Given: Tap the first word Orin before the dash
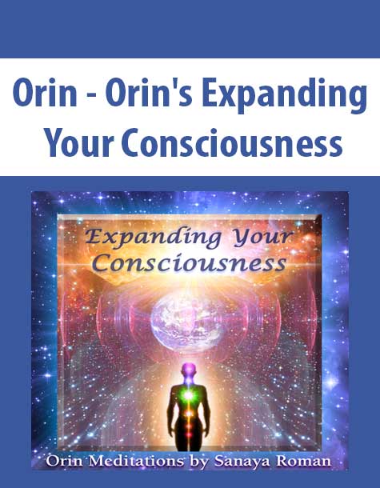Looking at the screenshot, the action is point(45,93).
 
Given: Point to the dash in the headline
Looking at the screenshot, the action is point(91,95).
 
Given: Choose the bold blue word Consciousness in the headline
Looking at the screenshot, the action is point(232,143).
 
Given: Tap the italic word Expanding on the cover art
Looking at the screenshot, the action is point(153,238).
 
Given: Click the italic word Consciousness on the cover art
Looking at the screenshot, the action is point(190,264).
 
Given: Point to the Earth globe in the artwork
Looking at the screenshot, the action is point(187,321).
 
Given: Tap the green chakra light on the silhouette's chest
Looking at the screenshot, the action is point(188,394).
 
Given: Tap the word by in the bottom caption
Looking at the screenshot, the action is point(198,462).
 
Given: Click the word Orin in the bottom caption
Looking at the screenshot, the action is point(65,462).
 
